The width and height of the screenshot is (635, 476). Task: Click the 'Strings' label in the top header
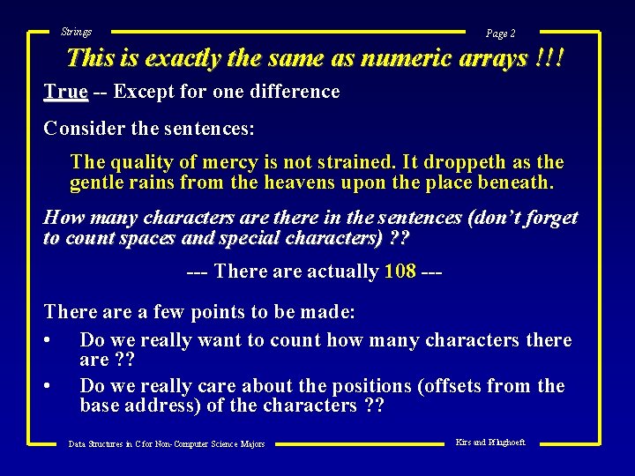[76, 32]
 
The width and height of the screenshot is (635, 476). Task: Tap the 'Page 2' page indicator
[500, 33]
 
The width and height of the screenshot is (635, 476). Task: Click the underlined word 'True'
[65, 92]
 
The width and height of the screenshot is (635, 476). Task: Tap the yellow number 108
[400, 271]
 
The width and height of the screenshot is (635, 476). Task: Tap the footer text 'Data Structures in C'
[116, 443]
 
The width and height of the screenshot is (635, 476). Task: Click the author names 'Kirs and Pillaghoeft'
[489, 442]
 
